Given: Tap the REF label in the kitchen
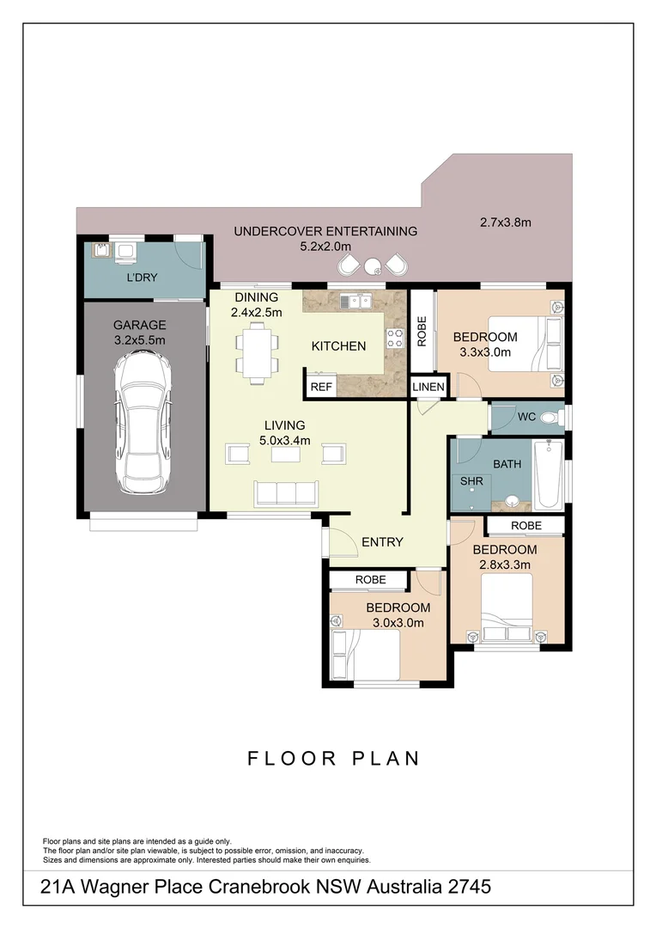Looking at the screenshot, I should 321,387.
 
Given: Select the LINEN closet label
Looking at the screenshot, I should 428,388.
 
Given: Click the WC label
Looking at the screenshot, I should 526,417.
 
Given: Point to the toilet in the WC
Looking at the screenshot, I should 559,418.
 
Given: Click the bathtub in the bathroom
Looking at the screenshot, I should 548,475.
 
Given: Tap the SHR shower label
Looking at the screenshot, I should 472,481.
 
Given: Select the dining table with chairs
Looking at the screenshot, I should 258,352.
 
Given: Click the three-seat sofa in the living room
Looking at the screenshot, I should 286,492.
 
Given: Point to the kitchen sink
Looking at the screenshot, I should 355,302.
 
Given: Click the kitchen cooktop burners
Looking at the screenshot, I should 396,339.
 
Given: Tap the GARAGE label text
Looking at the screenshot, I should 140,325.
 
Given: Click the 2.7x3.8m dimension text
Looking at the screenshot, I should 506,223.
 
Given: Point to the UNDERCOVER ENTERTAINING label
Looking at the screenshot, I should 325,231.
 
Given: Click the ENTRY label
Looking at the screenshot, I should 382,541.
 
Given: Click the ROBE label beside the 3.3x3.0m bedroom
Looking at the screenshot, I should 422,332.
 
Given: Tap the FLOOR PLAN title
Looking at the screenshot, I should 334,758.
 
